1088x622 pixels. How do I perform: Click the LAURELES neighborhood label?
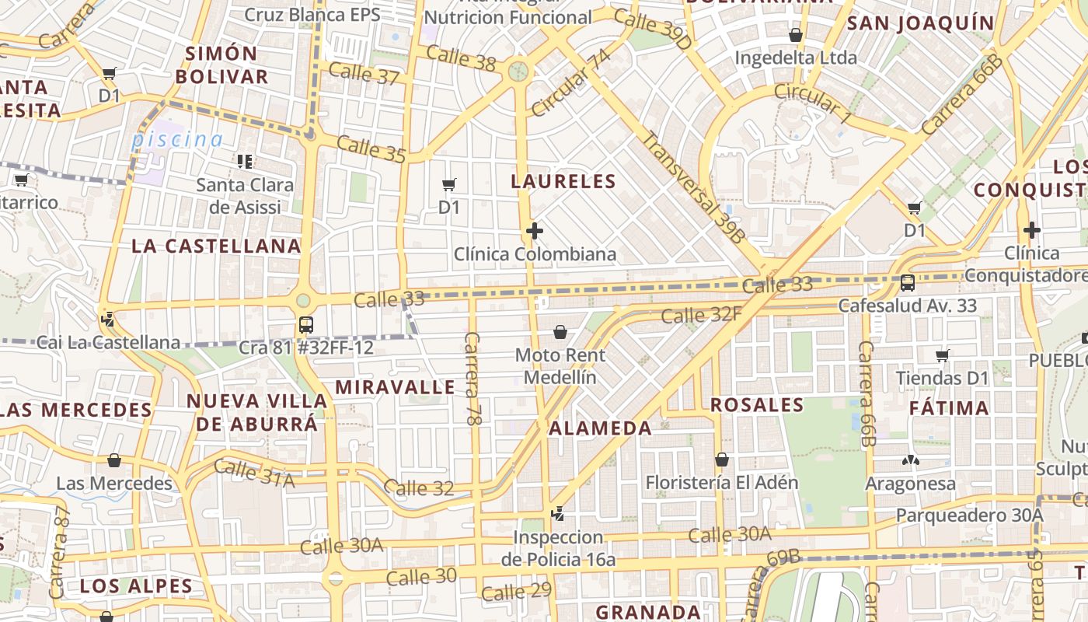pos(563,182)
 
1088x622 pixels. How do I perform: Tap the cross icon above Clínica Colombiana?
pos(534,231)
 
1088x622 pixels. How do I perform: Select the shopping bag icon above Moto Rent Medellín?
pos(560,333)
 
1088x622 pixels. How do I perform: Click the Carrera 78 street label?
pos(472,378)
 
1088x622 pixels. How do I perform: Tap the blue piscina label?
pos(177,140)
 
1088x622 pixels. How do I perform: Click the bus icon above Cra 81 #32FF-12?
pos(306,324)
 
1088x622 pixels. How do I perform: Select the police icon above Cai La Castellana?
pos(108,319)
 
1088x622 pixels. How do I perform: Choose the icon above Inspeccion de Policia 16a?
pos(556,513)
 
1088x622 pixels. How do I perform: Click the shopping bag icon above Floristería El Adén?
pos(722,460)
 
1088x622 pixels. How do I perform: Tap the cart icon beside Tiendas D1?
pos(943,355)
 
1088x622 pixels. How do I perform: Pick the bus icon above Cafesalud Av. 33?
pos(907,282)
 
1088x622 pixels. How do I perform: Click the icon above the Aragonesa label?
pos(911,460)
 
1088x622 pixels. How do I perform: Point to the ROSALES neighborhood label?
pos(757,405)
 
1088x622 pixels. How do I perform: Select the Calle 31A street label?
pos(254,474)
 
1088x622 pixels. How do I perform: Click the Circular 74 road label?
pos(570,80)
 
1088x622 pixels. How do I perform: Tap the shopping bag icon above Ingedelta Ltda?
pos(796,35)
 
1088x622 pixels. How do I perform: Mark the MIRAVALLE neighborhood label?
pos(395,387)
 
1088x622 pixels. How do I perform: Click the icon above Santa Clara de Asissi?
pos(245,162)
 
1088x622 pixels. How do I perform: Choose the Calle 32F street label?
pos(701,315)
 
